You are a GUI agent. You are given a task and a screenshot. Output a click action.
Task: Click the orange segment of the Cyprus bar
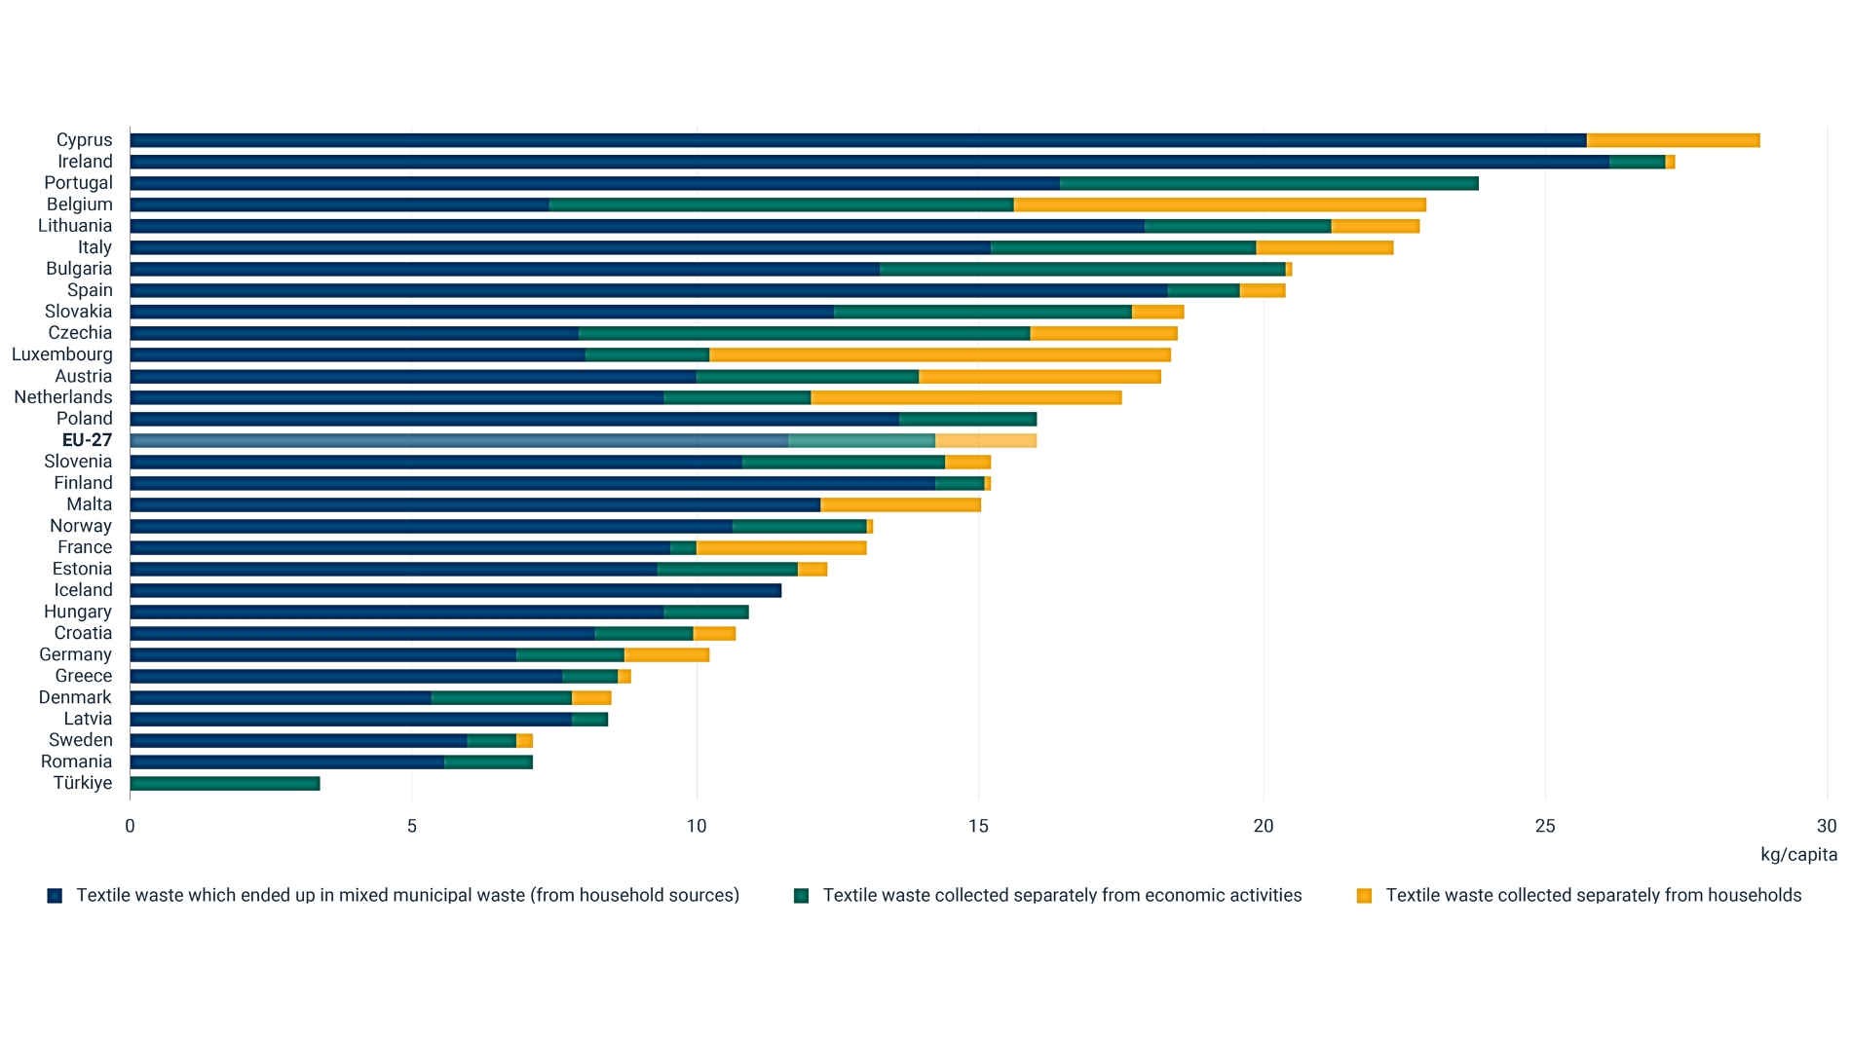[x=1673, y=140]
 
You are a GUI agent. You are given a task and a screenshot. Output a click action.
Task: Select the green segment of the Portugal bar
[x=1268, y=183]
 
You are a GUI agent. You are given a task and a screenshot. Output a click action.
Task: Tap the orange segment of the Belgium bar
[x=1220, y=204]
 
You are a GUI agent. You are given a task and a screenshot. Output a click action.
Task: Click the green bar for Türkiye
[x=224, y=783]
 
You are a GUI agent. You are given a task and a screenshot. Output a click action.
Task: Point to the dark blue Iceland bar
[x=455, y=590]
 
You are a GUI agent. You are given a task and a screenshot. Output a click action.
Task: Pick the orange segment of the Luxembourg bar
[x=940, y=354]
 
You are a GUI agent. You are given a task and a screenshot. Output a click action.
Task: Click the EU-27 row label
[x=87, y=440]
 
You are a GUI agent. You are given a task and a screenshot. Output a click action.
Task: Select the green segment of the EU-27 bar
[x=861, y=440]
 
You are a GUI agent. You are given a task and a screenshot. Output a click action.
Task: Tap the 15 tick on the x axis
[x=978, y=826]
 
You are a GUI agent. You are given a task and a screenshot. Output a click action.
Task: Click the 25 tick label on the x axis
[x=1544, y=826]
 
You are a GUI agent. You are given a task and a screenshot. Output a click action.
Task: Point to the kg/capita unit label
[x=1797, y=854]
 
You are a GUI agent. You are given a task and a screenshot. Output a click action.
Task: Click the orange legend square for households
[x=1364, y=896]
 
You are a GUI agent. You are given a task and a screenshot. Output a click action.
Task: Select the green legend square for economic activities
[x=801, y=896]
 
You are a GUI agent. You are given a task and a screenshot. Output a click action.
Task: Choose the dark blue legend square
[x=55, y=896]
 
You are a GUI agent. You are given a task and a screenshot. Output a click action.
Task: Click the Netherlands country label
[x=63, y=397]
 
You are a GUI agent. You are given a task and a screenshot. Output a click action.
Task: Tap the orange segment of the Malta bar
[x=900, y=504]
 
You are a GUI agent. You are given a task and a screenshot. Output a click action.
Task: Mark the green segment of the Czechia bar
[x=804, y=333]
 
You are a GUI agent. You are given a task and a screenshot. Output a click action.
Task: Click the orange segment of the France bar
[x=781, y=547]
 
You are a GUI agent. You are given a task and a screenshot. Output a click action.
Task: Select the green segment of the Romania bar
[x=488, y=762]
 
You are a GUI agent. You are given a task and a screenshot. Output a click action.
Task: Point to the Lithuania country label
[x=75, y=226]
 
